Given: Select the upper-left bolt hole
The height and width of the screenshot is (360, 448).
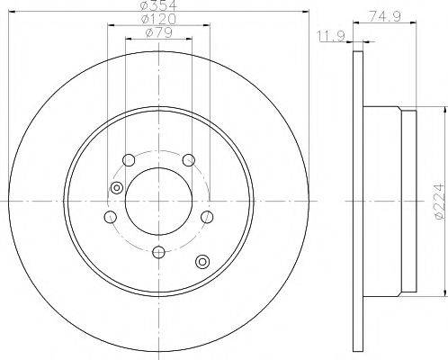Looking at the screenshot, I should tap(128, 160).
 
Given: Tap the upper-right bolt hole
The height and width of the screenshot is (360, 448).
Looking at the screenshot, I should tap(188, 160).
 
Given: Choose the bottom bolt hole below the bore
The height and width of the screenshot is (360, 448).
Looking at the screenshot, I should tap(157, 253).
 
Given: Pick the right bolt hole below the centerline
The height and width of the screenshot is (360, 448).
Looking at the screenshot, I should tap(207, 218).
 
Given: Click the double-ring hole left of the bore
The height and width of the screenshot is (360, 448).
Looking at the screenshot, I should tap(115, 187).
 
